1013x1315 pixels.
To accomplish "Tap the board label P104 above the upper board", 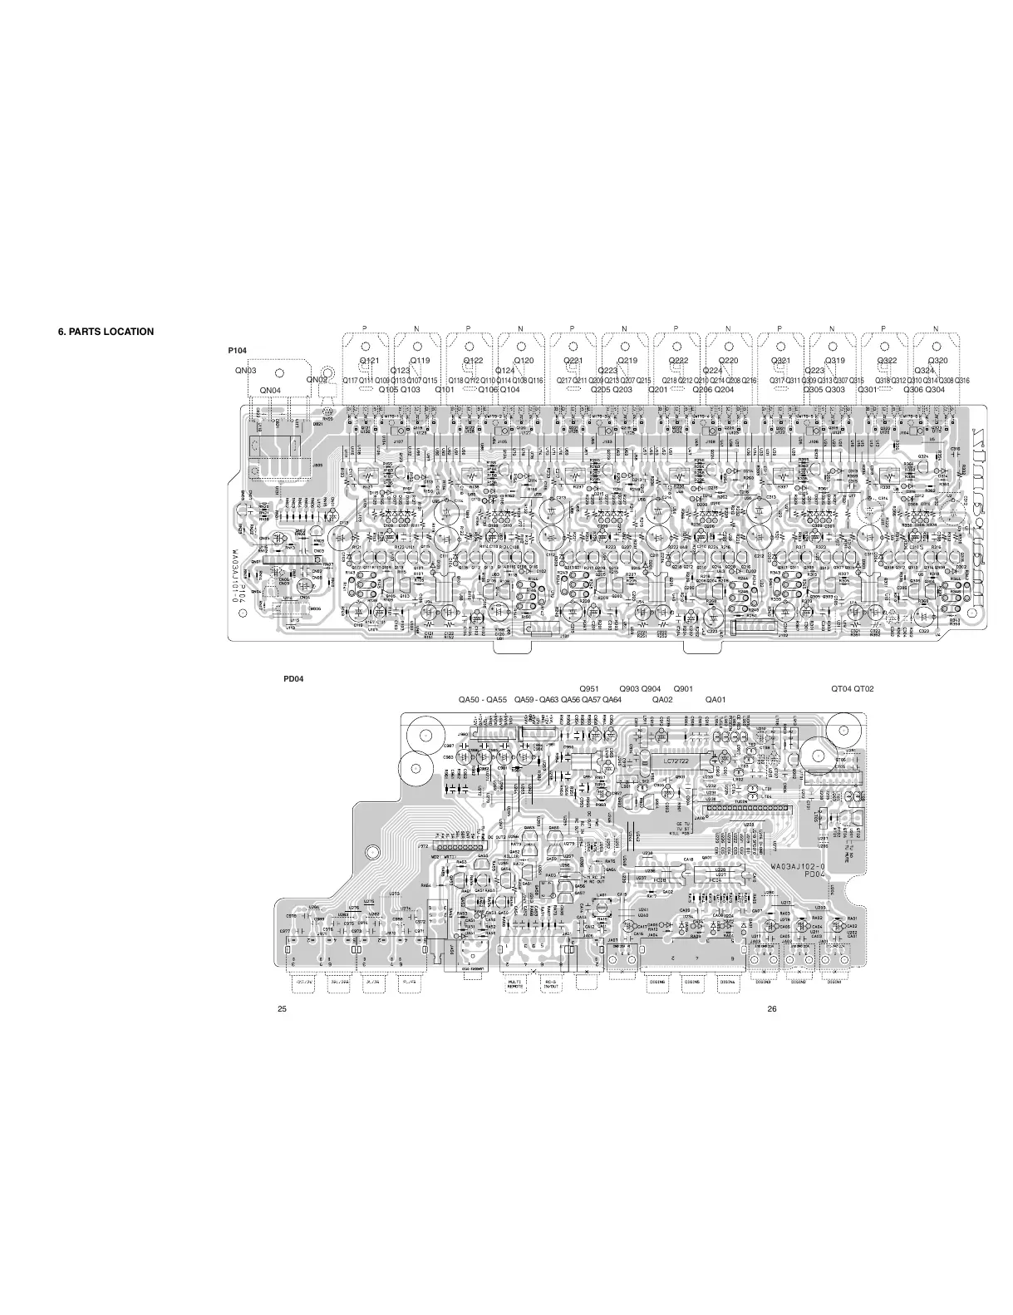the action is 238,351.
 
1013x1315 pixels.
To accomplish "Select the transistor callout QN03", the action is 245,371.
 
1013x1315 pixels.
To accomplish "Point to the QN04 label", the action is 270,390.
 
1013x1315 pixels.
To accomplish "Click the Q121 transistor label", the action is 369,361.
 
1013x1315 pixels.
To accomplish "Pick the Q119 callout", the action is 420,361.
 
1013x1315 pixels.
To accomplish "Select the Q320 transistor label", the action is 937,361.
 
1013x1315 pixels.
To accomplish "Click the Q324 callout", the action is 925,371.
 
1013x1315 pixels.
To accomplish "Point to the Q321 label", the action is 781,361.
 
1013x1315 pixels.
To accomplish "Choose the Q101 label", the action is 445,389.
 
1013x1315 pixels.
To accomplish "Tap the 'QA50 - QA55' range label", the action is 483,700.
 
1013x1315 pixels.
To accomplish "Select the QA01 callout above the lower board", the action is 715,700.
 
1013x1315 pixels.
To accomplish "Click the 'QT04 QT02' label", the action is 853,689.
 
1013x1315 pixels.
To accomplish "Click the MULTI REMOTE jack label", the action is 514,986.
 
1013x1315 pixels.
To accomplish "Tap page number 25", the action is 283,1009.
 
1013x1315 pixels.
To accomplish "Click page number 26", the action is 772,1009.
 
